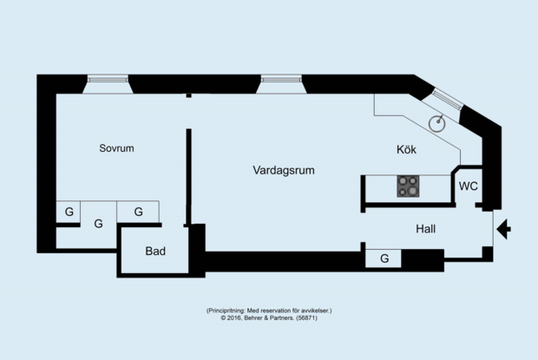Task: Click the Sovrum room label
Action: pyautogui.click(x=116, y=148)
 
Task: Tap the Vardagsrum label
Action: pyautogui.click(x=284, y=170)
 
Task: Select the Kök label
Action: pyautogui.click(x=407, y=149)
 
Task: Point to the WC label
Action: pyautogui.click(x=469, y=187)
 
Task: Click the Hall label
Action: pyautogui.click(x=426, y=229)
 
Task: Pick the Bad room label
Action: pyautogui.click(x=155, y=251)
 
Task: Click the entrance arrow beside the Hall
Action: pyautogui.click(x=503, y=229)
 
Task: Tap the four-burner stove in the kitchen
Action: pyautogui.click(x=408, y=187)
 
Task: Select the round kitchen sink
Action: pyautogui.click(x=437, y=123)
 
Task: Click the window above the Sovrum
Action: pyautogui.click(x=108, y=80)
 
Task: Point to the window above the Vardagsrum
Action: pyautogui.click(x=281, y=80)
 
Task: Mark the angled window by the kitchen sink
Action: pyautogui.click(x=447, y=99)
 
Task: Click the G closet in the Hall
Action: pyautogui.click(x=384, y=259)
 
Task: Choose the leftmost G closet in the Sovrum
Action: pyautogui.click(x=69, y=212)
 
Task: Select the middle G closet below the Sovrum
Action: pyautogui.click(x=98, y=224)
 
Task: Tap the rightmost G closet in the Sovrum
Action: pyautogui.click(x=138, y=212)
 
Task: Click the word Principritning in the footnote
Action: pyautogui.click(x=226, y=311)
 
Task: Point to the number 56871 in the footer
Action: pyautogui.click(x=306, y=317)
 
